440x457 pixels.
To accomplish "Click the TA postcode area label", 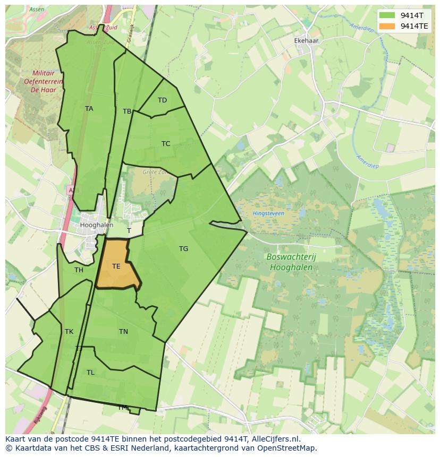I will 89,109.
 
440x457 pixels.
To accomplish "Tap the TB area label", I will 127,111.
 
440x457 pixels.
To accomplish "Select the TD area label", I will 162,100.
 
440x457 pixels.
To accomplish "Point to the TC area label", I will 166,144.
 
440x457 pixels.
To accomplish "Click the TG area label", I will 183,249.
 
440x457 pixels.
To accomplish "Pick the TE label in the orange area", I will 116,266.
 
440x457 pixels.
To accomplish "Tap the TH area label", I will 79,270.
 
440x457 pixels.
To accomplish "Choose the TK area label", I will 69,332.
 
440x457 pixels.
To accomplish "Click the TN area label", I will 123,332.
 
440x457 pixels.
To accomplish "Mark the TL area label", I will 90,373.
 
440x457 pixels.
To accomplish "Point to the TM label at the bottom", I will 123,408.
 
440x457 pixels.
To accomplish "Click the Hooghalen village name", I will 96,225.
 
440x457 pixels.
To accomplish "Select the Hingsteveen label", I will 268,213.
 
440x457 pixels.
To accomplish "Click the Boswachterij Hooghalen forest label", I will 291,262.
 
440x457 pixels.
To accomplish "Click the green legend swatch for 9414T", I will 388,15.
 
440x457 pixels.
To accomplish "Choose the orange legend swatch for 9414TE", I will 388,26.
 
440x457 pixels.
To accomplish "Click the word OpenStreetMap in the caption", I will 287,448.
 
